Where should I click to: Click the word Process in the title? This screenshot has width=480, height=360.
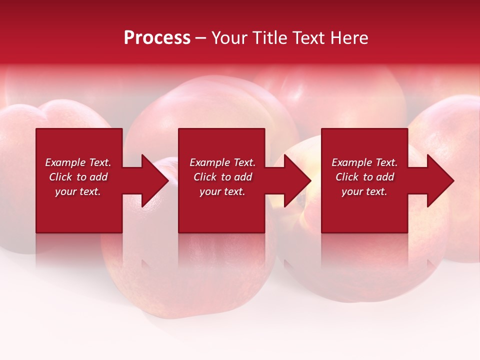157,38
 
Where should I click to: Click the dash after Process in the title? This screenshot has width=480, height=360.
201,38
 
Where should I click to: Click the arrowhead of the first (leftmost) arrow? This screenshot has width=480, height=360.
154,180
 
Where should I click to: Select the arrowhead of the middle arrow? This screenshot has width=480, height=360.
297,180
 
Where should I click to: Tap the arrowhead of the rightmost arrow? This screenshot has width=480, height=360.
440,180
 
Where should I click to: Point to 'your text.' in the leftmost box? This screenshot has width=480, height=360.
78,191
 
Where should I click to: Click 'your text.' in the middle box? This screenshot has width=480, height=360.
222,191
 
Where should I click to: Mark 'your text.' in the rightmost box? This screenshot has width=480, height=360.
364,191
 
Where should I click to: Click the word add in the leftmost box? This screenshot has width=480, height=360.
99,177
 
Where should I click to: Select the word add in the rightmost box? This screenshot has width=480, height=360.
385,177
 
